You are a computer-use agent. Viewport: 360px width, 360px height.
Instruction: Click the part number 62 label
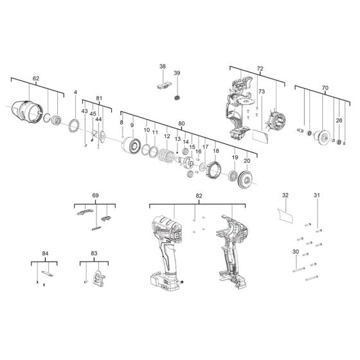[x=36, y=78]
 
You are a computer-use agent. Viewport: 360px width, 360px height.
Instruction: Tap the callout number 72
[x=260, y=67]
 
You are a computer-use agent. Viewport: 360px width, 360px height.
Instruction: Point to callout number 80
[x=181, y=123]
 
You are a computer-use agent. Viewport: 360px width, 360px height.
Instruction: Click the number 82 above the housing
[x=199, y=195]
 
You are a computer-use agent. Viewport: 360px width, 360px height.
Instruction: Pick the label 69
[x=95, y=195]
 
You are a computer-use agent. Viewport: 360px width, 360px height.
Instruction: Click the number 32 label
[x=285, y=195]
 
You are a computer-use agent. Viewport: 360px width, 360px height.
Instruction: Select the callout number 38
[x=162, y=67]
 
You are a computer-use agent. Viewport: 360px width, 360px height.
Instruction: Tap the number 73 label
[x=261, y=92]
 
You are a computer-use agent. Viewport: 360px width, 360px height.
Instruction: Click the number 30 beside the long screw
[x=296, y=252]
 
